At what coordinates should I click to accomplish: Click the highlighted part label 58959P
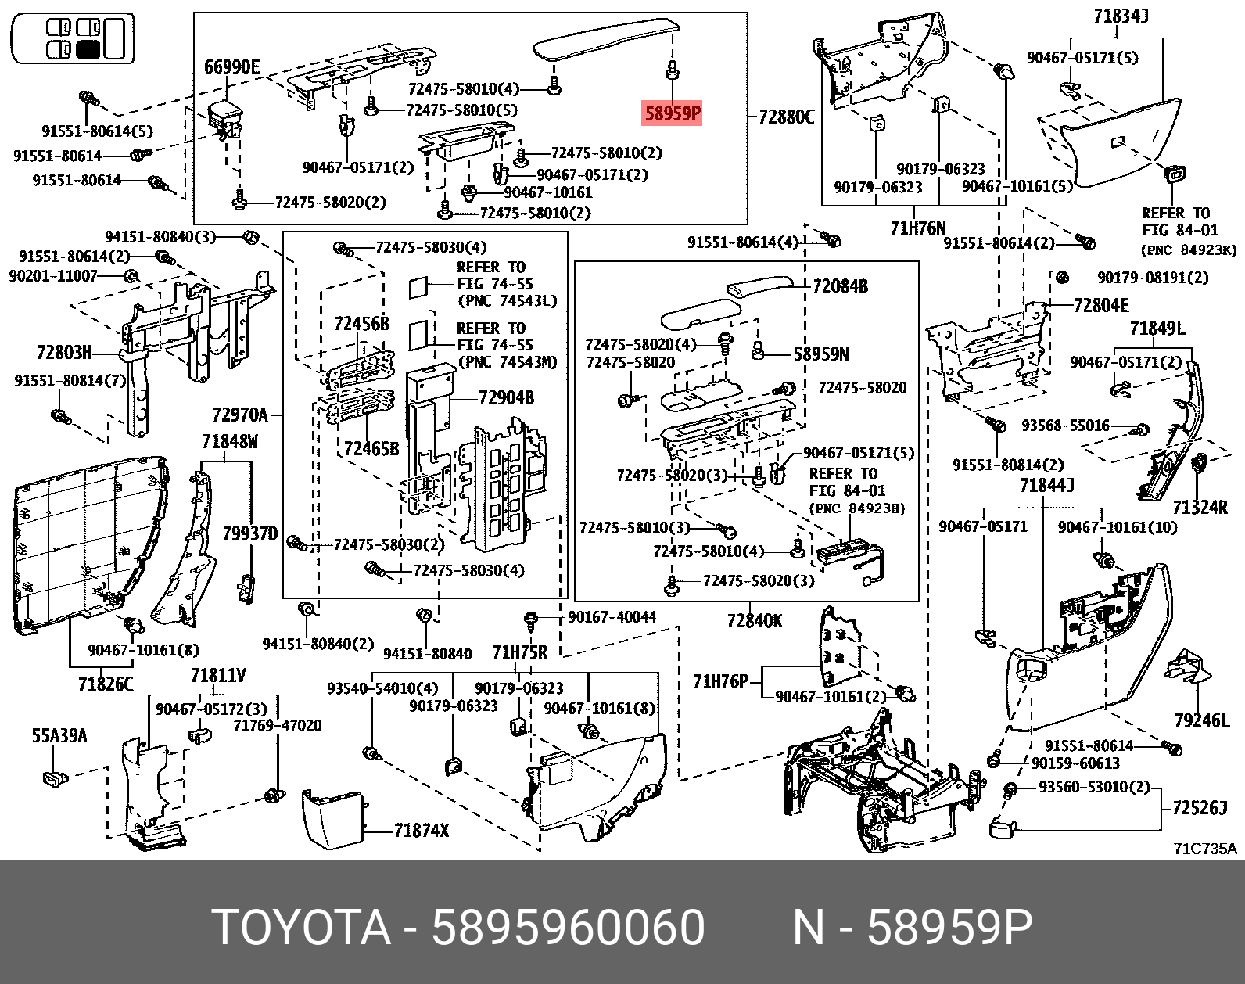(x=672, y=114)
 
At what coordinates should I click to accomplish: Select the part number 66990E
(x=231, y=67)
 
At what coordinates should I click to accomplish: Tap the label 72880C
(x=786, y=117)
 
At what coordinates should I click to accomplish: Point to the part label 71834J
(x=1121, y=15)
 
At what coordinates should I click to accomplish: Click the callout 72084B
(x=840, y=286)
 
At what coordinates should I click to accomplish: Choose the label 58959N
(x=820, y=354)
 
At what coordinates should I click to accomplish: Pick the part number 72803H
(x=64, y=352)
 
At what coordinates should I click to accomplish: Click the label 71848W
(x=229, y=442)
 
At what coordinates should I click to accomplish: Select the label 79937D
(x=250, y=534)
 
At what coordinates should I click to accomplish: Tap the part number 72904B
(x=506, y=398)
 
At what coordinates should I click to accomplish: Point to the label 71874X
(x=422, y=830)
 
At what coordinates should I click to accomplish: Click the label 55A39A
(x=59, y=736)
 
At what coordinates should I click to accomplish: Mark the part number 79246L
(x=1201, y=720)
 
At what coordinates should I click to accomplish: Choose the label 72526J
(x=1200, y=807)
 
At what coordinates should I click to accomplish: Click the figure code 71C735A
(x=1204, y=849)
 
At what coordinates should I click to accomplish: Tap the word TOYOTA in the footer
(x=301, y=928)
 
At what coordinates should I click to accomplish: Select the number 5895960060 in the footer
(x=569, y=928)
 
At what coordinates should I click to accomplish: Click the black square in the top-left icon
(x=88, y=51)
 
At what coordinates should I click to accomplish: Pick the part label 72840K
(x=754, y=621)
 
